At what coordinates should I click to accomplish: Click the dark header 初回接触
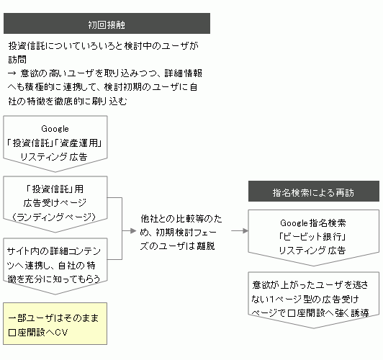[107, 24]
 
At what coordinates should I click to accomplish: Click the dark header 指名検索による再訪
[314, 192]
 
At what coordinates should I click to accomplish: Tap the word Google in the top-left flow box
[55, 129]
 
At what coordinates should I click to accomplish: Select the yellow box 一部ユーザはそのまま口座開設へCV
[55, 323]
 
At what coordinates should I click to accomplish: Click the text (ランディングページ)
[54, 217]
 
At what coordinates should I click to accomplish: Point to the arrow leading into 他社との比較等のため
[129, 231]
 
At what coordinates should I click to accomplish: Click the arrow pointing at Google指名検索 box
[240, 231]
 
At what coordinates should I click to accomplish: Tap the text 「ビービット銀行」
[312, 237]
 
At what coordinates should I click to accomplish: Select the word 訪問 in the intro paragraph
[17, 59]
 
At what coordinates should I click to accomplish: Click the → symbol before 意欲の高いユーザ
[12, 73]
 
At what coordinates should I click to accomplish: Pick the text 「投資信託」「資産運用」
[54, 143]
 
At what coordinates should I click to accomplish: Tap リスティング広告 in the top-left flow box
[54, 157]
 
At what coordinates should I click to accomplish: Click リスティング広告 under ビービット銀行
[312, 251]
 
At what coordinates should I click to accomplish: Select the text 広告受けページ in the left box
[55, 203]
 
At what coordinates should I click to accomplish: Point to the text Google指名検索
[313, 222]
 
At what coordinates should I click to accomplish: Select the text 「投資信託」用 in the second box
[55, 189]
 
